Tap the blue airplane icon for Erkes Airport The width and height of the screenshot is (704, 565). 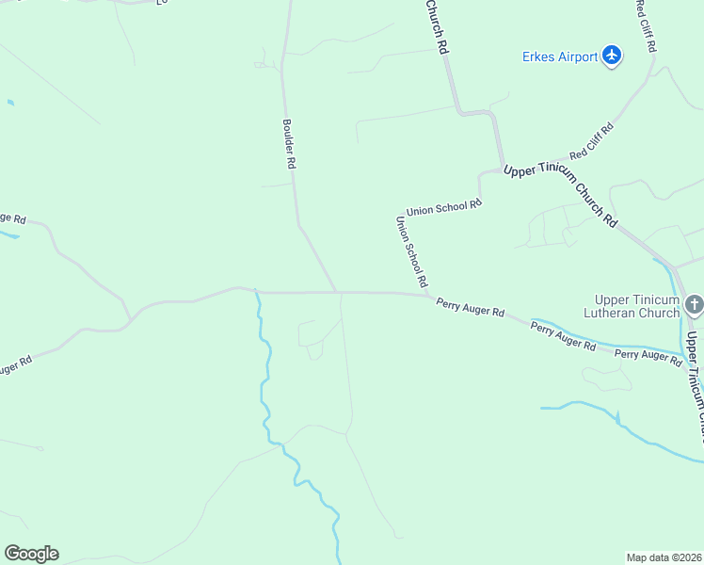613,56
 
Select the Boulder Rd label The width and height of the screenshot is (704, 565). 290,143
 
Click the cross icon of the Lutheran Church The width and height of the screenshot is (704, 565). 694,304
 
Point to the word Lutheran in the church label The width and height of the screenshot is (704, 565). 632,314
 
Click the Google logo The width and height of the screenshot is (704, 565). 31,554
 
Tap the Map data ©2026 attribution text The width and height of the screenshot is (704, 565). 664,557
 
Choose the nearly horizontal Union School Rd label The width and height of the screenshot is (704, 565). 443,206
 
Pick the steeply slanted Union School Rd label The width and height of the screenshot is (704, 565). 412,251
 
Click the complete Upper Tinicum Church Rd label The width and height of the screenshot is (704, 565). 561,194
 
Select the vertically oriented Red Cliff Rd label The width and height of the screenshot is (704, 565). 646,25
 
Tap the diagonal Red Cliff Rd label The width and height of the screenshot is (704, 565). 592,139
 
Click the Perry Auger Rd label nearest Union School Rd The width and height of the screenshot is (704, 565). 471,307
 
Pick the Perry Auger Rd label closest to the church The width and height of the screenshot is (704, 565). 648,355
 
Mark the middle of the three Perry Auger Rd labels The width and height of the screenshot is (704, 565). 563,336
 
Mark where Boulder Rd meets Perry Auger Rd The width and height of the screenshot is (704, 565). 338,292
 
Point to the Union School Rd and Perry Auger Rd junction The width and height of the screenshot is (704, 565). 430,296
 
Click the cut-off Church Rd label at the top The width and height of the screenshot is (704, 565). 435,25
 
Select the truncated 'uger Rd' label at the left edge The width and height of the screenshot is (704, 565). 16,364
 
